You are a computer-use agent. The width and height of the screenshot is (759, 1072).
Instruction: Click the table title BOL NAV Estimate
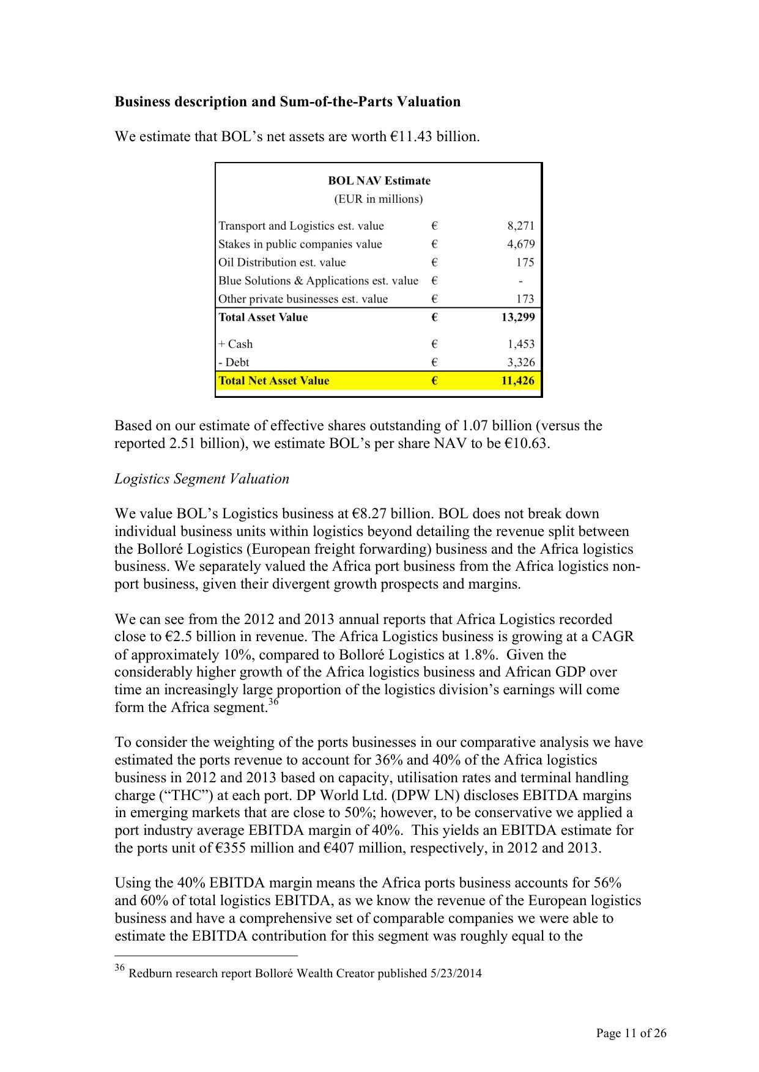379,180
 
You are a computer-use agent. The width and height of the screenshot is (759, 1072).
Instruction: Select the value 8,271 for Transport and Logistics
520,226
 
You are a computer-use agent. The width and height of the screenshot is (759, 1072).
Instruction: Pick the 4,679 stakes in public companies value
520,244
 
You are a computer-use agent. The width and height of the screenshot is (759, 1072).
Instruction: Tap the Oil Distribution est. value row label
282,262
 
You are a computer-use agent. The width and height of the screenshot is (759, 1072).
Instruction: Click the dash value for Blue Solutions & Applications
520,281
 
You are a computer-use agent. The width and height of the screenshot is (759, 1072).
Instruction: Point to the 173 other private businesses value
525,299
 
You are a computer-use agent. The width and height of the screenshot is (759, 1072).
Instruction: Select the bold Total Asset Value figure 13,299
517,317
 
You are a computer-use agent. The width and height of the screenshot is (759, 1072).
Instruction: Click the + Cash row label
235,344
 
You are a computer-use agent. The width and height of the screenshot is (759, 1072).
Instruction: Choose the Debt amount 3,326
520,362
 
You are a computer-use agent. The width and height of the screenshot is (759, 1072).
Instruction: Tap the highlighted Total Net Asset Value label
274,381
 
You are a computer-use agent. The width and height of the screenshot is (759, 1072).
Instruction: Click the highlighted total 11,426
517,381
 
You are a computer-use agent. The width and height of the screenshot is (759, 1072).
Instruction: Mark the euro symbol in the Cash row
434,344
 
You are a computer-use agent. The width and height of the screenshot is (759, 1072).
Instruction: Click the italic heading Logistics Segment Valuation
202,479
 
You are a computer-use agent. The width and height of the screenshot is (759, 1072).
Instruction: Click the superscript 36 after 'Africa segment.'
274,702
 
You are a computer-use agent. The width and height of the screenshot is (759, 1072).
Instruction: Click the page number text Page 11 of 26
631,1033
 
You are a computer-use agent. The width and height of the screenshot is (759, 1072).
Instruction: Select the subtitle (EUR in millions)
378,199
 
